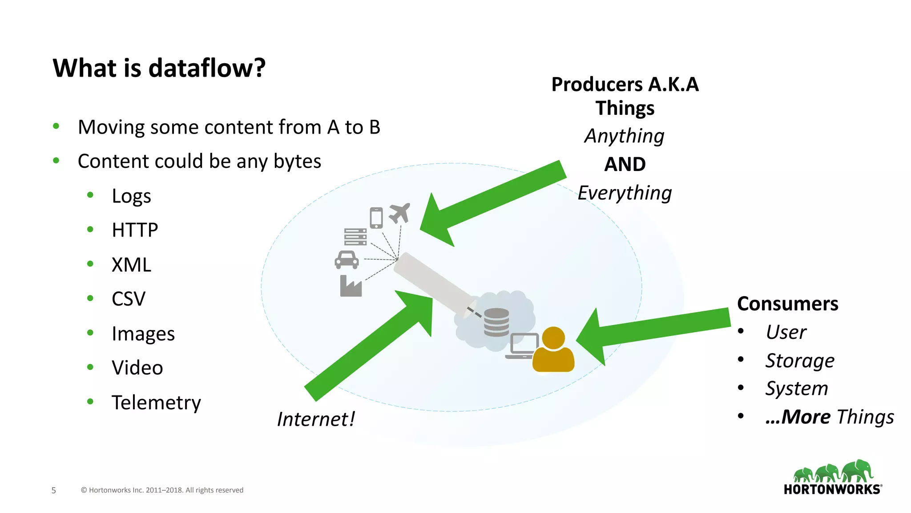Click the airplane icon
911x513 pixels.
point(399,213)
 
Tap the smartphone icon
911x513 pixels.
point(376,218)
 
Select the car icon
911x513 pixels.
point(347,260)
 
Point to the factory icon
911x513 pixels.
point(351,286)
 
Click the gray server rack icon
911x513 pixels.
point(355,237)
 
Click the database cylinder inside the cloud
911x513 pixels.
point(496,322)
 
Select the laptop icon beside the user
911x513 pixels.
point(522,346)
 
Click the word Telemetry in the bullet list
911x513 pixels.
point(156,403)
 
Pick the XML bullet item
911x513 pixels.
point(131,265)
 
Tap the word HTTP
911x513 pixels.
point(135,230)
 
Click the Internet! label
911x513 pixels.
point(316,419)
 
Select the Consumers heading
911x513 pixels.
point(787,304)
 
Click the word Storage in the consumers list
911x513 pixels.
point(799,361)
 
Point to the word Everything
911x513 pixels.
point(625,193)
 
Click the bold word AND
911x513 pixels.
point(625,164)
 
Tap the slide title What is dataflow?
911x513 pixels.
point(159,68)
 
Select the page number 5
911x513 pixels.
point(54,490)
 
